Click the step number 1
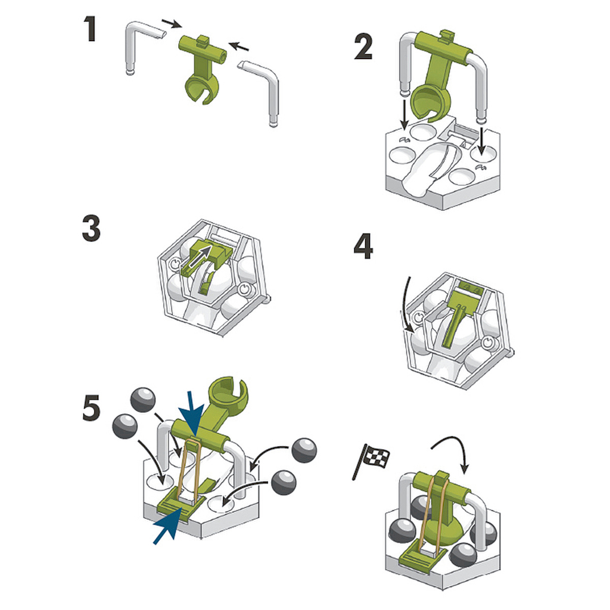[x=91, y=29]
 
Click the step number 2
[x=364, y=46]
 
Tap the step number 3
[x=91, y=228]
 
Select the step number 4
[x=363, y=246]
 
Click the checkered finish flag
[x=372, y=460]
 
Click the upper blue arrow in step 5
[x=194, y=414]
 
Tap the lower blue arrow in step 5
[x=168, y=525]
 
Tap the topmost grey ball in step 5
[x=143, y=400]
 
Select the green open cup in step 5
[x=228, y=394]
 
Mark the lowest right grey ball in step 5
[x=284, y=483]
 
